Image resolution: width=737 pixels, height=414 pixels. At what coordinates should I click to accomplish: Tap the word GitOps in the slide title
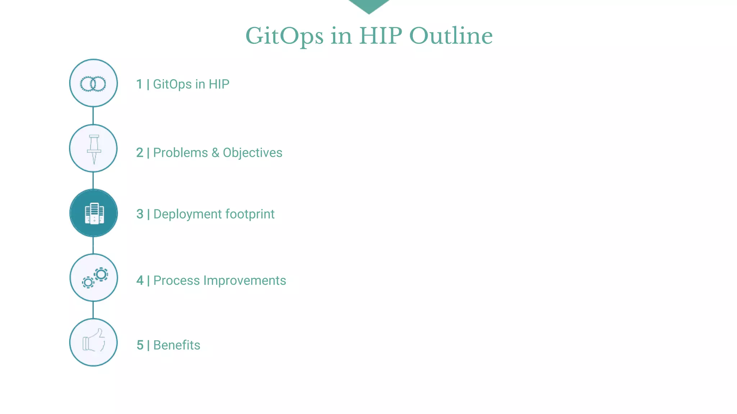(x=284, y=37)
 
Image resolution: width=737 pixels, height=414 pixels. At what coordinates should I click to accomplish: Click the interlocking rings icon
(x=93, y=84)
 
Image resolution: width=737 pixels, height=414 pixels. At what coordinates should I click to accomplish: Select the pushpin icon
(x=94, y=149)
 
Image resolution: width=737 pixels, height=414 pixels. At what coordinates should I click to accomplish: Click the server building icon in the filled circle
(x=94, y=213)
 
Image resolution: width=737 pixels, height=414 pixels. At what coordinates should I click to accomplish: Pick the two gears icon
(x=95, y=278)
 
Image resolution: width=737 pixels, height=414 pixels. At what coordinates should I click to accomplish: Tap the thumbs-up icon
(x=94, y=340)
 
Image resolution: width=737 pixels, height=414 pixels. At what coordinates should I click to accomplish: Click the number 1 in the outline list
(x=139, y=84)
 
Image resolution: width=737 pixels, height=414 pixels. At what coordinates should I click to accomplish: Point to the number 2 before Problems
(x=140, y=153)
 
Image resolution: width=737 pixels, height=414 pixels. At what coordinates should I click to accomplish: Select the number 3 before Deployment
(x=140, y=214)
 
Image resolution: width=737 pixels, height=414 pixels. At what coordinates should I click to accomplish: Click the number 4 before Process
(x=140, y=281)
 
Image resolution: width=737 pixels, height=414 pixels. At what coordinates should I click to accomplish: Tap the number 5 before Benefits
(x=140, y=345)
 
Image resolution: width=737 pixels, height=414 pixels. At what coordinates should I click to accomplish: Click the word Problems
(x=180, y=153)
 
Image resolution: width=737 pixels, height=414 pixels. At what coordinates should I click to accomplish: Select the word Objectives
(x=252, y=153)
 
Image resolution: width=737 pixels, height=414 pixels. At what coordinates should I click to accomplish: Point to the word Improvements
(x=244, y=281)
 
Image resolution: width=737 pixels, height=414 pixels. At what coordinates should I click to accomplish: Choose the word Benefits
(x=177, y=345)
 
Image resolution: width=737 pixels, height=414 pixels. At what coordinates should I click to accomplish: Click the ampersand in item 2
(x=215, y=153)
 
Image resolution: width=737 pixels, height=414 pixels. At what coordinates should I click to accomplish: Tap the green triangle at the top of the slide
(x=369, y=5)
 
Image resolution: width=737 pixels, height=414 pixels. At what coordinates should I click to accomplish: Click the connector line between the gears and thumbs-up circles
(x=93, y=310)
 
